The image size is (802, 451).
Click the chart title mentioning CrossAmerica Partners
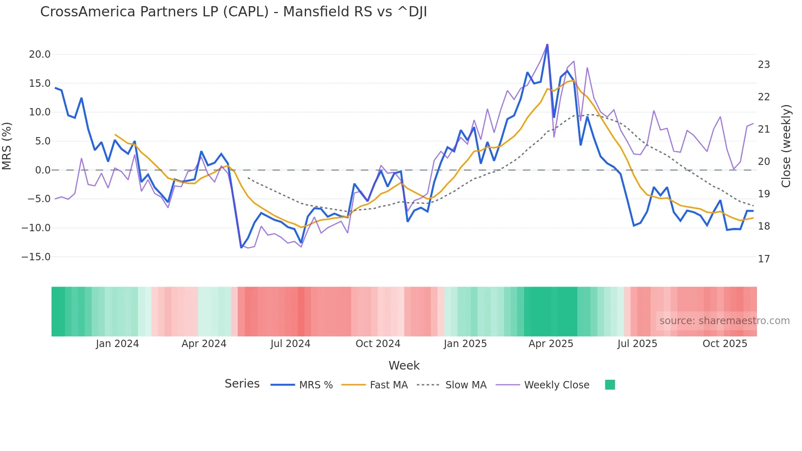(x=233, y=12)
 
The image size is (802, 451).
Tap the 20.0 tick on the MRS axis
(x=39, y=54)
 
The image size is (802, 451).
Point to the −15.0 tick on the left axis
(x=36, y=257)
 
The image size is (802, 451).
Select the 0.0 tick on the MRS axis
(x=43, y=170)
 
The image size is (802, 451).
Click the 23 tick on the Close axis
(x=764, y=65)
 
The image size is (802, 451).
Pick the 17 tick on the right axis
(x=764, y=259)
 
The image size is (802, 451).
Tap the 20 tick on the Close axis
(x=764, y=162)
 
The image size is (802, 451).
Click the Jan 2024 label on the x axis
(x=117, y=344)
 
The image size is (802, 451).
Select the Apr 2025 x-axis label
(x=551, y=344)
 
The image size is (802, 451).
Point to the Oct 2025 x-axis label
(x=725, y=344)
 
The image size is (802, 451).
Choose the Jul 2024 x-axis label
(x=290, y=344)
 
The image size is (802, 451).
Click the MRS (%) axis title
(x=7, y=146)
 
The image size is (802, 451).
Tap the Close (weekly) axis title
(x=786, y=146)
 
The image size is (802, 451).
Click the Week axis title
(x=404, y=365)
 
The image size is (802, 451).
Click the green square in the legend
(x=610, y=385)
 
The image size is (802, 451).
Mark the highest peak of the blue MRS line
(x=547, y=45)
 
